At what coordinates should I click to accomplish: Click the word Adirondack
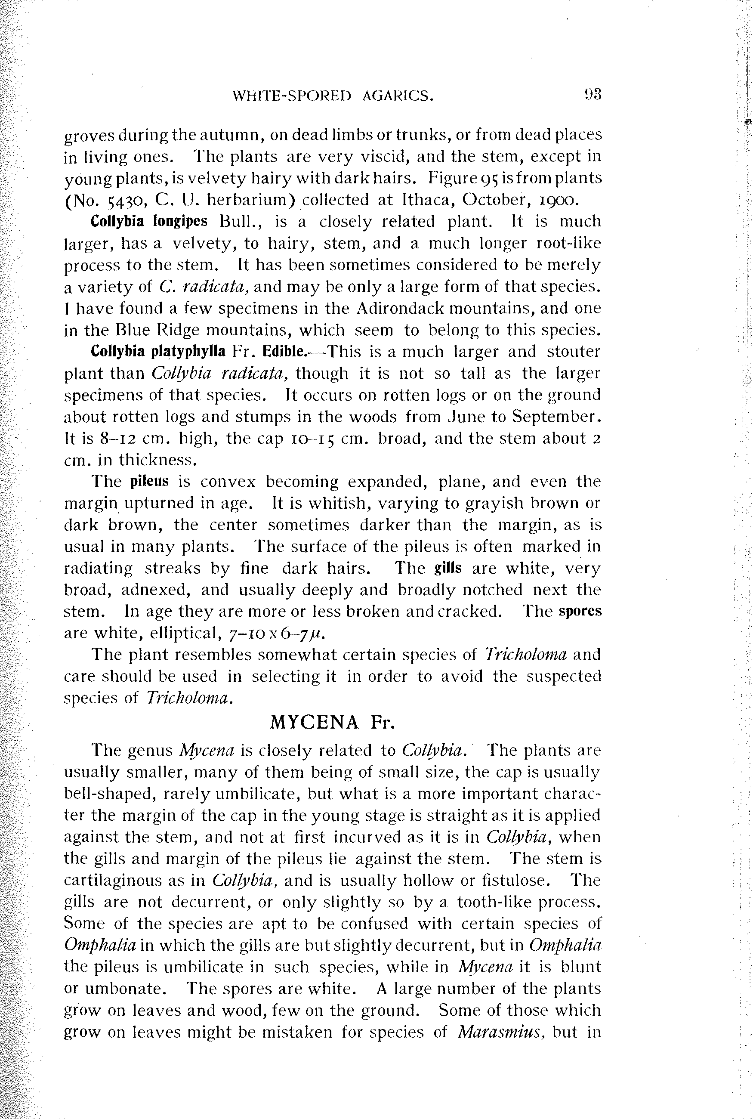pos(418,308)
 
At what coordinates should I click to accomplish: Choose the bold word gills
pos(447,568)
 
